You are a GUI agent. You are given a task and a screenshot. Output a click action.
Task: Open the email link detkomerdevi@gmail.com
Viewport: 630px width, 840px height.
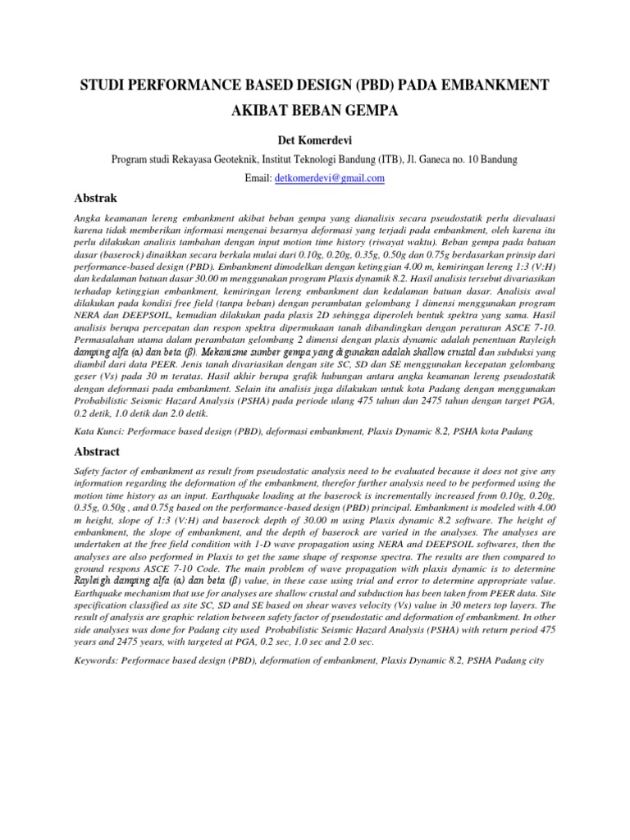point(330,178)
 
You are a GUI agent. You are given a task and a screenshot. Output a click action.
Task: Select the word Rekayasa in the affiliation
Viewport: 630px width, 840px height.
point(198,159)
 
